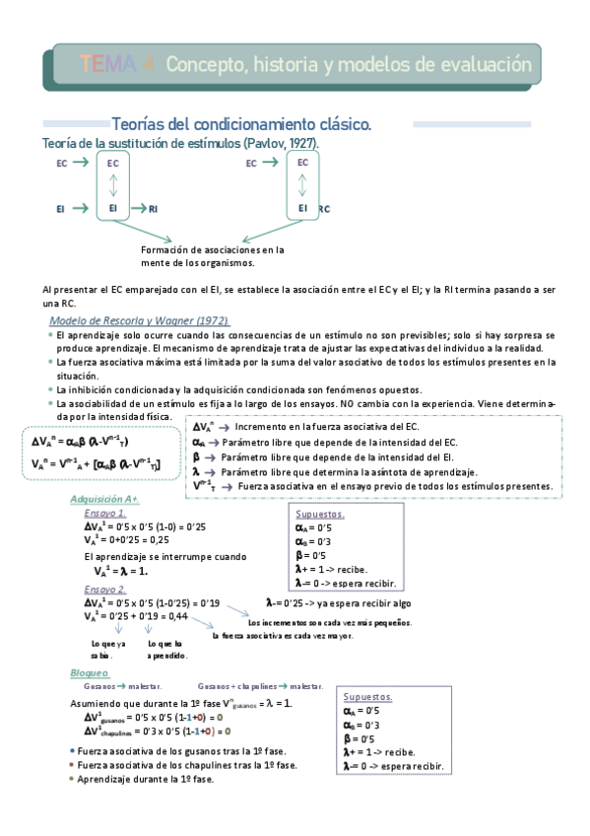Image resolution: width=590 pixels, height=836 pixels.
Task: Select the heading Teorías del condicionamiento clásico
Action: tap(241, 125)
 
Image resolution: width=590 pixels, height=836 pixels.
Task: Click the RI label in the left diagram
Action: tap(153, 209)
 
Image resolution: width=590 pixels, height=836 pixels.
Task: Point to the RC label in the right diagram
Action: tap(324, 209)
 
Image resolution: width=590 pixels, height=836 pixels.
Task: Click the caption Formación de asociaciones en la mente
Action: tap(212, 256)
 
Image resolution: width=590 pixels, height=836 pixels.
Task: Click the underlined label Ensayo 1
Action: tap(104, 514)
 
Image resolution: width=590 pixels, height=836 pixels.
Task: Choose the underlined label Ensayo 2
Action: tap(104, 589)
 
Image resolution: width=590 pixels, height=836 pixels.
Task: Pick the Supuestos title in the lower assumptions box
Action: tap(367, 696)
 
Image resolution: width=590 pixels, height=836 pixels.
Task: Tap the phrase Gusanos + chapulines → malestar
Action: tap(260, 686)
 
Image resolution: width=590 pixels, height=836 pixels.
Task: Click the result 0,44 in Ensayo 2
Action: tap(178, 616)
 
